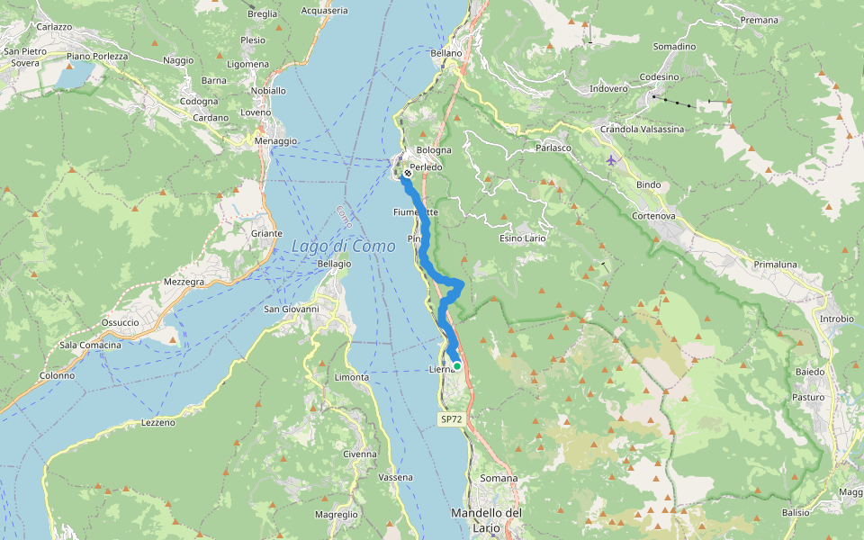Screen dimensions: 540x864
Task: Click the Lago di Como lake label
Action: (x=343, y=246)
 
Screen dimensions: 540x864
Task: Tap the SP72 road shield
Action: (x=450, y=419)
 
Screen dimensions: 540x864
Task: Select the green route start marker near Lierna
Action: (x=457, y=365)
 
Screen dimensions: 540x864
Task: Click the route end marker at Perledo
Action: (x=408, y=173)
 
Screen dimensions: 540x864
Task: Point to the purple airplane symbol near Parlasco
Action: (x=612, y=160)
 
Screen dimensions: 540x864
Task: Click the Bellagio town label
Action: (x=334, y=264)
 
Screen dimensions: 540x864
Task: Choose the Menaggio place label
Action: (x=275, y=141)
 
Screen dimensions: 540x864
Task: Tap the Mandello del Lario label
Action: (x=486, y=519)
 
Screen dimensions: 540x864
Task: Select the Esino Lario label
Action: (x=523, y=238)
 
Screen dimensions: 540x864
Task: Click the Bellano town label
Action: (x=445, y=53)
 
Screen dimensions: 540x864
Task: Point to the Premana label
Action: (x=759, y=20)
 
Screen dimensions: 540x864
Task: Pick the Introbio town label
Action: (x=836, y=319)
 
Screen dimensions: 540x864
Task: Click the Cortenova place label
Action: (x=653, y=216)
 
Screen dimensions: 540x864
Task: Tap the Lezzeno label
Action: (x=157, y=422)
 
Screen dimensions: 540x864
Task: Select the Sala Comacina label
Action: (x=90, y=346)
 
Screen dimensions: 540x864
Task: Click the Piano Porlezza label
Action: (x=97, y=57)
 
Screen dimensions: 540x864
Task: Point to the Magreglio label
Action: (x=336, y=515)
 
